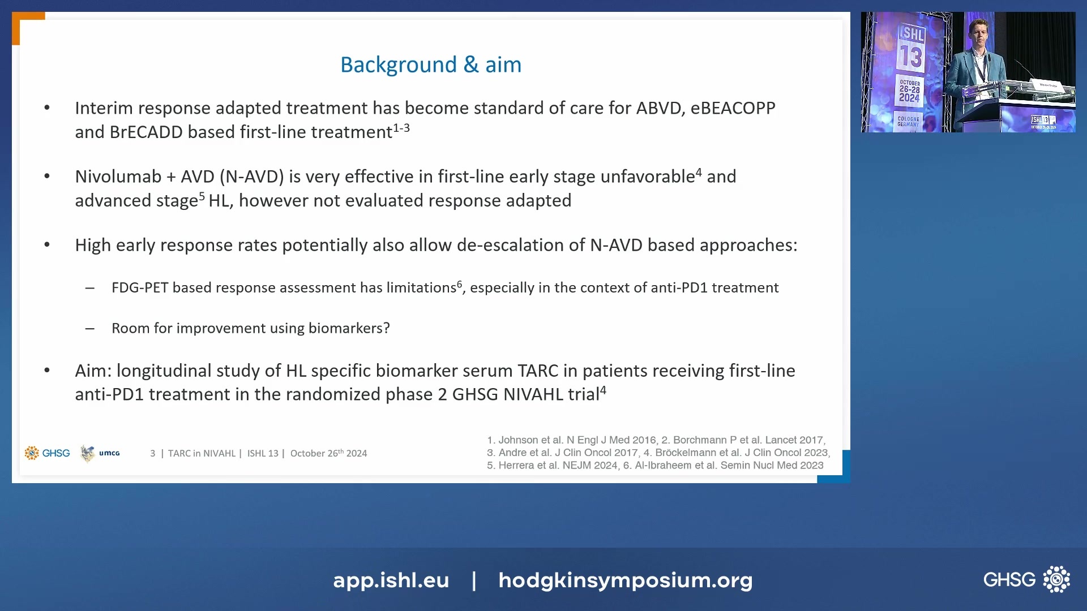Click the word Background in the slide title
point(398,64)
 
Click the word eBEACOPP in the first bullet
point(733,108)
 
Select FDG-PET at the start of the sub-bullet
point(140,288)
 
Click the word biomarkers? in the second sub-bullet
point(349,328)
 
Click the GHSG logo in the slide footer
point(48,453)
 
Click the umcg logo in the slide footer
point(101,453)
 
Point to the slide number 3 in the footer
point(152,454)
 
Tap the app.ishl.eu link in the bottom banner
point(391,580)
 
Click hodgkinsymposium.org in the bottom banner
point(625,580)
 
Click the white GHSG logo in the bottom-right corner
point(1026,579)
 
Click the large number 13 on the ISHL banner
point(911,57)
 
